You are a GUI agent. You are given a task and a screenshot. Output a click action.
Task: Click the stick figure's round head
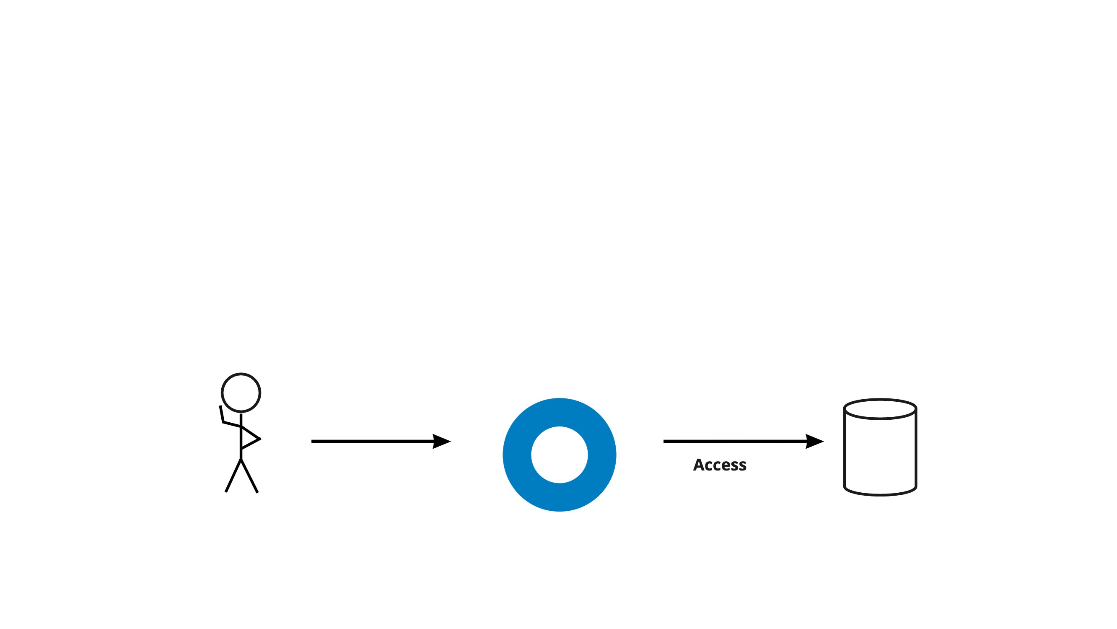point(241,392)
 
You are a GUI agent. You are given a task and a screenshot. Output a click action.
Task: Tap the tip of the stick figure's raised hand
point(220,407)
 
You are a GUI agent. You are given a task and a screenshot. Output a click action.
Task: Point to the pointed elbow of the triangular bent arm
point(259,439)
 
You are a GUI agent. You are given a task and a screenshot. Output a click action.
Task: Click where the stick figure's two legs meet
point(241,459)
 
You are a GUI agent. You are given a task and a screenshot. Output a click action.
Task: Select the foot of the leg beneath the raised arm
point(226,491)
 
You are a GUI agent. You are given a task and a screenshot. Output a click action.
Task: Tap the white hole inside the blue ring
point(560,455)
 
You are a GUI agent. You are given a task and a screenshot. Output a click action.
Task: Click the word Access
point(720,465)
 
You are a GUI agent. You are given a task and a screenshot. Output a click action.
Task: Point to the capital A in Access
point(699,465)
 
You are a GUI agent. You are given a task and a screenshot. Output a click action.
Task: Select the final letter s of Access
point(743,466)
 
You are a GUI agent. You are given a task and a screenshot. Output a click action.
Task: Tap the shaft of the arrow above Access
point(733,441)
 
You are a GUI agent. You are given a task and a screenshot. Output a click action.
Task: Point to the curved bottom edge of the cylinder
point(880,494)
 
